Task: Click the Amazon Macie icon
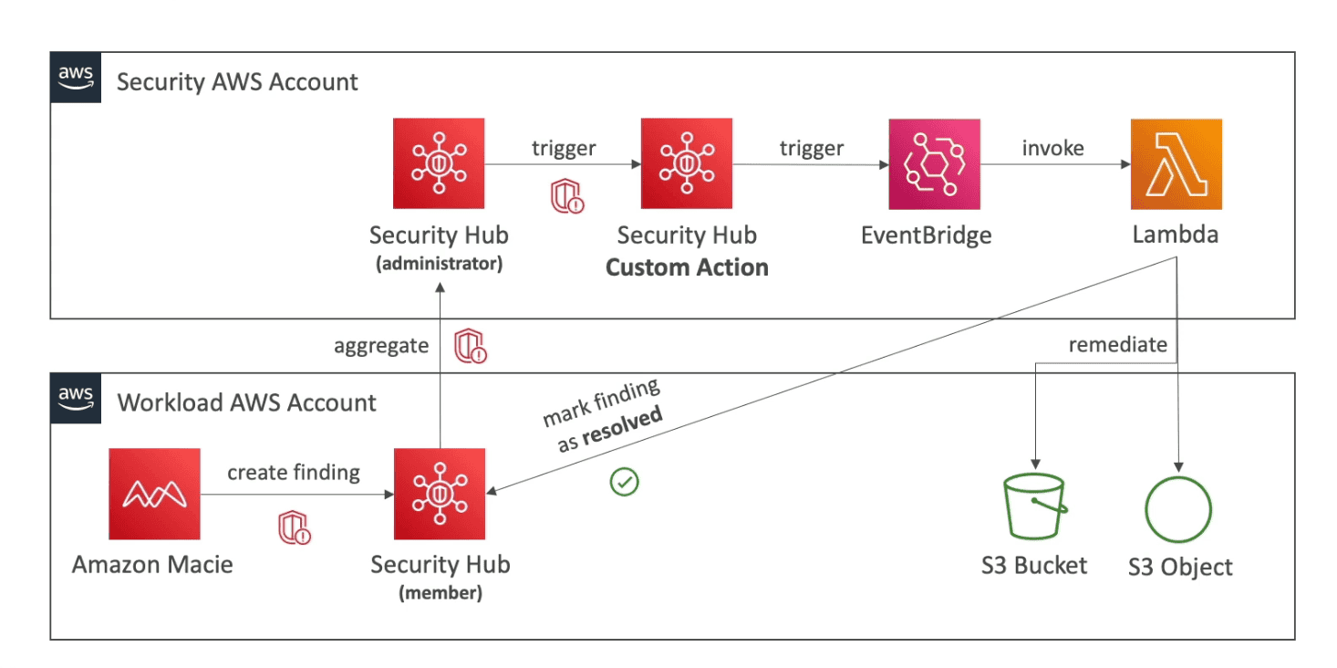[154, 494]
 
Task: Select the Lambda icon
[1176, 164]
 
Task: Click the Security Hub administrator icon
[439, 164]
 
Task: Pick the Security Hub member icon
[439, 494]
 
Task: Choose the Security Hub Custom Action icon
[687, 164]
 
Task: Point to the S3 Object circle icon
[1178, 508]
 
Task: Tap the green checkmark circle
[625, 482]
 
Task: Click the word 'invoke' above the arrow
[1052, 148]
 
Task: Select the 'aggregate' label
[381, 346]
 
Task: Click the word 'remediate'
[1117, 345]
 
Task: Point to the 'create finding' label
[294, 473]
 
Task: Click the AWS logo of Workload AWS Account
[75, 398]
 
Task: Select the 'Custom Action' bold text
[687, 267]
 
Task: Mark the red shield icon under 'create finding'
[295, 528]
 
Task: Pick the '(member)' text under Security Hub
[440, 593]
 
